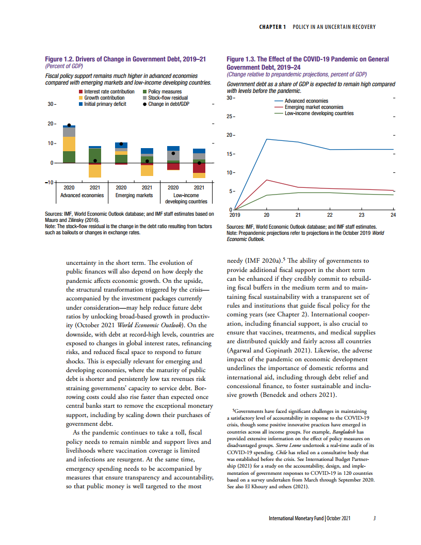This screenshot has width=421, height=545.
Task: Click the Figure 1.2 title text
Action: [x=126, y=60]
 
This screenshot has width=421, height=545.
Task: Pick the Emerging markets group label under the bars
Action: [x=134, y=195]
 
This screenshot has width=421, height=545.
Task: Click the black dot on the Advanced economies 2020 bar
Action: [x=69, y=125]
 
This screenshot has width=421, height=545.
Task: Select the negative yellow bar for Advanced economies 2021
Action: [x=95, y=171]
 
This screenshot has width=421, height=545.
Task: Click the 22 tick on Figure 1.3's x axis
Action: [x=330, y=214]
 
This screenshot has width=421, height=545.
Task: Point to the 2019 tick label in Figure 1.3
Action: [x=235, y=214]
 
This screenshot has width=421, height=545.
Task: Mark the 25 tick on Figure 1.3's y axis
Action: [x=231, y=117]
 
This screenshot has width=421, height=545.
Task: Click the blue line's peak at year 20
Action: [x=267, y=139]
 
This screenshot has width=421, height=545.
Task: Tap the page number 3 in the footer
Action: [x=375, y=518]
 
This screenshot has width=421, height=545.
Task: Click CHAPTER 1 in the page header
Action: [x=272, y=27]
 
